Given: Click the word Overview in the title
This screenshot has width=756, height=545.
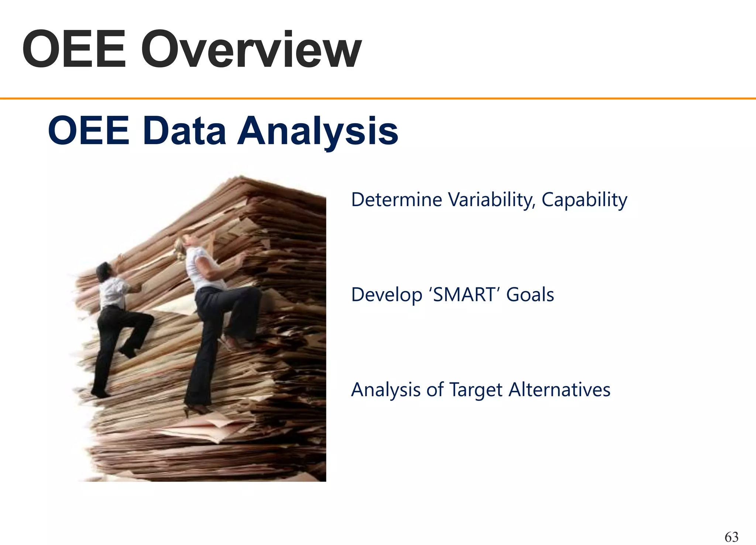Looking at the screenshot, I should coord(251,50).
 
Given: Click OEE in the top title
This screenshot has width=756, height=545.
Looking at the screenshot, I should coord(74,50).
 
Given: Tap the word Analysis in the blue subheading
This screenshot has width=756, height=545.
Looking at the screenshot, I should coord(317,131).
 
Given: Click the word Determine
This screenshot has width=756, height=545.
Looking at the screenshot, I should coord(396,200).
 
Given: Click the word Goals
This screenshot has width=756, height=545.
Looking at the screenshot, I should coord(530,295).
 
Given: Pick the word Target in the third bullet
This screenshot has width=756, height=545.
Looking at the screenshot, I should coord(476,390).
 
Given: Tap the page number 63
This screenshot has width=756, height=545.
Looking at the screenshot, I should coord(731,537).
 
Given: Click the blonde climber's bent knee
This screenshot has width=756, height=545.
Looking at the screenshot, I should coord(255,295).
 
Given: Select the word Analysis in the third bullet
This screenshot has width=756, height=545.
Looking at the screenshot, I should coord(386,390).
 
